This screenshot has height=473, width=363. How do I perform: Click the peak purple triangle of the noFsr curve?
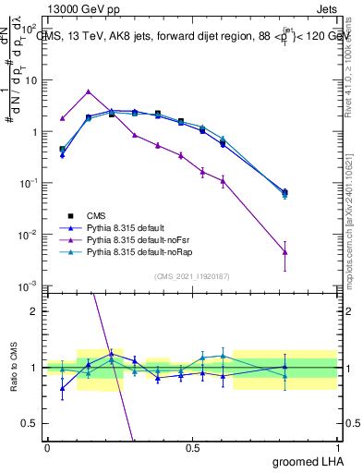88,91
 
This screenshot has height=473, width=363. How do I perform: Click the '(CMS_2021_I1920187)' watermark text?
191,276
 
